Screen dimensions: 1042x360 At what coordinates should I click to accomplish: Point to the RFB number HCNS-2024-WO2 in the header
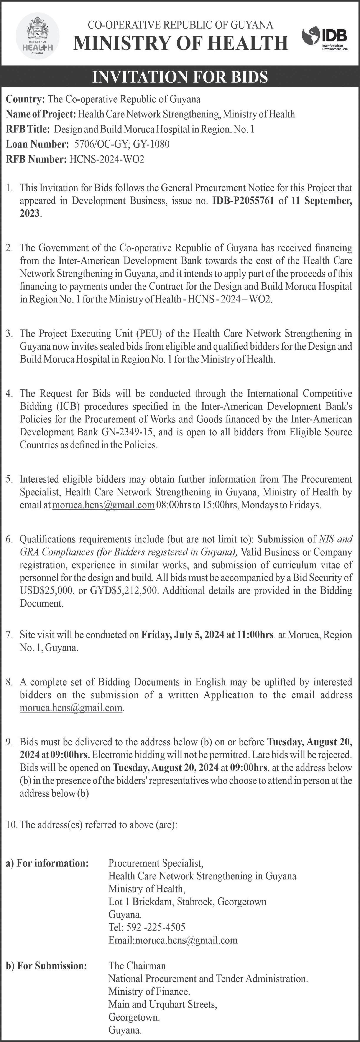(x=107, y=159)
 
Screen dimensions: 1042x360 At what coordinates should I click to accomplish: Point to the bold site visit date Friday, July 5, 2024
(x=182, y=635)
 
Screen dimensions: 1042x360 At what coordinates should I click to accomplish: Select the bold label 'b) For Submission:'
(x=46, y=966)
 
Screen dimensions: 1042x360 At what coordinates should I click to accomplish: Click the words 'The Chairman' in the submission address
(x=137, y=966)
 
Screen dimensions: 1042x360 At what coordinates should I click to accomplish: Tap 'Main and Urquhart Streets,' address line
(x=163, y=1004)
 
